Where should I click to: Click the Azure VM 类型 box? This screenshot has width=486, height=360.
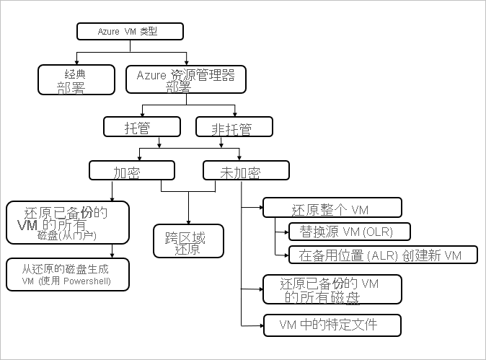[x=130, y=31]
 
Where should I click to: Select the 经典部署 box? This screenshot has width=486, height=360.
[x=76, y=79]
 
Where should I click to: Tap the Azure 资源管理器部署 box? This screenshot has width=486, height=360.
[x=185, y=79]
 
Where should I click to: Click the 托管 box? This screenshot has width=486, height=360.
[x=141, y=127]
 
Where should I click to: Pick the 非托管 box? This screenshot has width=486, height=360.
[x=234, y=127]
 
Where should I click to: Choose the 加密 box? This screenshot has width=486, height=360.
[x=132, y=170]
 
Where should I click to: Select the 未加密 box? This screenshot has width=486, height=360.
[x=246, y=170]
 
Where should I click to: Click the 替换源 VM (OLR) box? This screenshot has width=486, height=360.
[x=349, y=231]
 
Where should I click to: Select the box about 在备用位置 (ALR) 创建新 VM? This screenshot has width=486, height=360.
[x=383, y=255]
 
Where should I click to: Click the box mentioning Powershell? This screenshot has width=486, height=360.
[x=67, y=274]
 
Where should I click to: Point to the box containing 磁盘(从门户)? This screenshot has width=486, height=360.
[x=67, y=223]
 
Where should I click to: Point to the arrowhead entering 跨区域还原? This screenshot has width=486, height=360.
[x=188, y=221]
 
